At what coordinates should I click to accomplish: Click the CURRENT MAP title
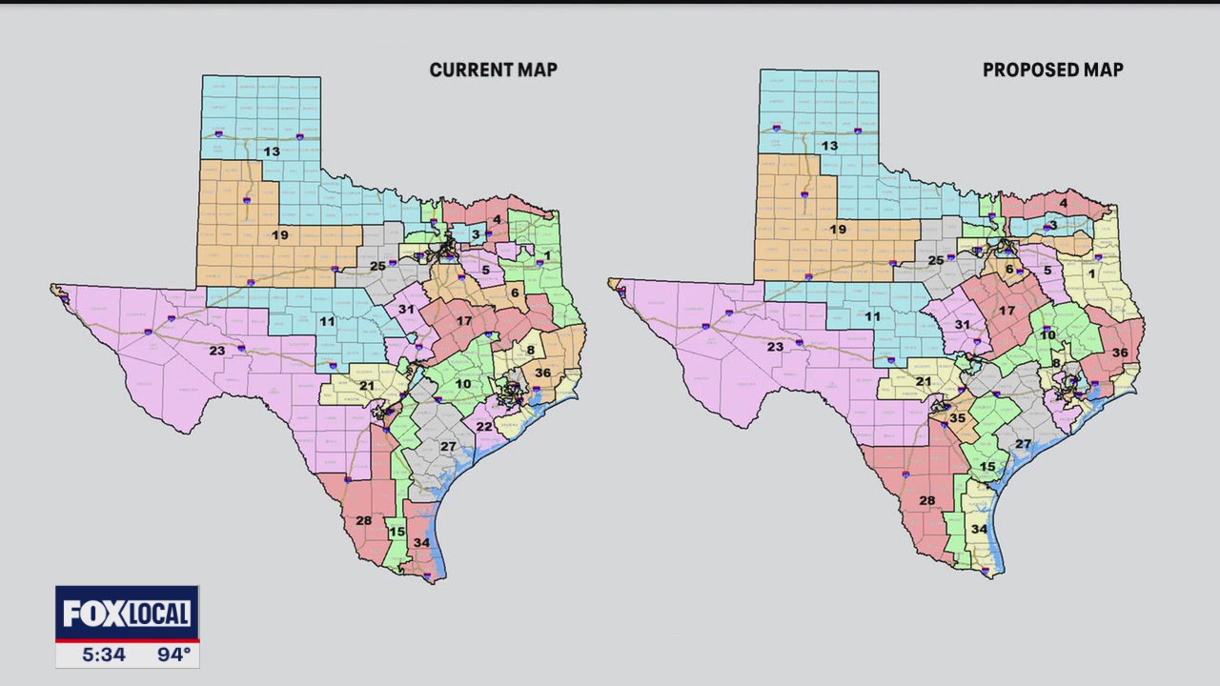click(493, 70)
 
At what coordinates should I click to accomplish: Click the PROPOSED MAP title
click(1052, 70)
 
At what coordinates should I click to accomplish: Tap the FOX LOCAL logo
click(127, 614)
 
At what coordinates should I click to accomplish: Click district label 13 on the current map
click(272, 151)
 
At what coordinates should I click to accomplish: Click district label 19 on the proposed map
click(838, 230)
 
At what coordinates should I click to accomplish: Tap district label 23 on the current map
click(217, 351)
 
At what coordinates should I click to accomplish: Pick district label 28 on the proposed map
click(927, 500)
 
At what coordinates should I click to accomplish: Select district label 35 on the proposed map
click(958, 417)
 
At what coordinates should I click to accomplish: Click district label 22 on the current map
click(484, 426)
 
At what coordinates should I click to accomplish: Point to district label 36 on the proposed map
click(1120, 353)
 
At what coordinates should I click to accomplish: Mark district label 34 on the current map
click(421, 543)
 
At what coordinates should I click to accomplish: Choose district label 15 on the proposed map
click(988, 467)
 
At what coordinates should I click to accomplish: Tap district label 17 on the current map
click(464, 321)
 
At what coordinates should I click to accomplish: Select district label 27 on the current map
click(449, 446)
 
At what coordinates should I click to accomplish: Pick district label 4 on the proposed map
click(1064, 203)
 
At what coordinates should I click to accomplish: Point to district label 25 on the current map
click(377, 266)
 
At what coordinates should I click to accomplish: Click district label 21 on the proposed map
click(924, 382)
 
